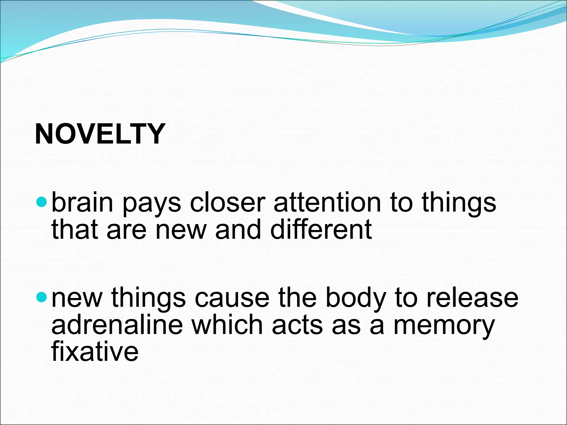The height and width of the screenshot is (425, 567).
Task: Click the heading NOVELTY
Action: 100,134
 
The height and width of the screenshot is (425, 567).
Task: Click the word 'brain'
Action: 82,203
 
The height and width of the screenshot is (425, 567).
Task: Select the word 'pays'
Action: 151,205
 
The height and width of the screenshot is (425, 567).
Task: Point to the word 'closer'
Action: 227,203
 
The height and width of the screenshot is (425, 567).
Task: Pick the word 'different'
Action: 321,229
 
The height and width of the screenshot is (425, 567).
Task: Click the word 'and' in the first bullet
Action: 238,229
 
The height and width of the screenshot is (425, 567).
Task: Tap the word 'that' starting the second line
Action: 74,229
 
